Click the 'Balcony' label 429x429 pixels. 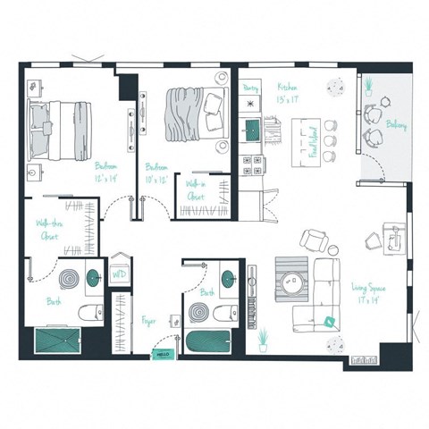tap(396, 125)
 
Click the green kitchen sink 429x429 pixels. tap(251, 127)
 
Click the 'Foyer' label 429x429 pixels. tap(148, 320)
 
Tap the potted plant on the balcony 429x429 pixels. tap(367, 85)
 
